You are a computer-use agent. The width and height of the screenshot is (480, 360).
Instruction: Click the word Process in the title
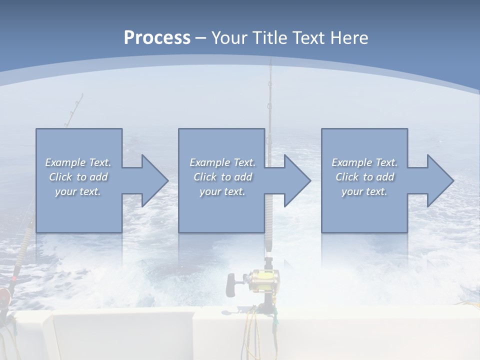click(157, 38)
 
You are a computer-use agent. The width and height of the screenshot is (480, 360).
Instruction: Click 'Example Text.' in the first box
click(78, 162)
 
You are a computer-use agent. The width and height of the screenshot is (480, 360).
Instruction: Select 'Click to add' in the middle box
click(222, 177)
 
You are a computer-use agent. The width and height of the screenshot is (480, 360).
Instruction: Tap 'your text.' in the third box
click(364, 191)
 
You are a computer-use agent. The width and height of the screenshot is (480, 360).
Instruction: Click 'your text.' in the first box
click(78, 191)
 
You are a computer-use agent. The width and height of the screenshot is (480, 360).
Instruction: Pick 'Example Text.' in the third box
click(364, 162)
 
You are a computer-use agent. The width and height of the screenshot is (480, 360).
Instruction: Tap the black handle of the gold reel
click(231, 285)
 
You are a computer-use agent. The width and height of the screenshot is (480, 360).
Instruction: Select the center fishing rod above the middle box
click(269, 100)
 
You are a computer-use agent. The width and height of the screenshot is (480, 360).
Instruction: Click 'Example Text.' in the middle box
click(222, 162)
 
